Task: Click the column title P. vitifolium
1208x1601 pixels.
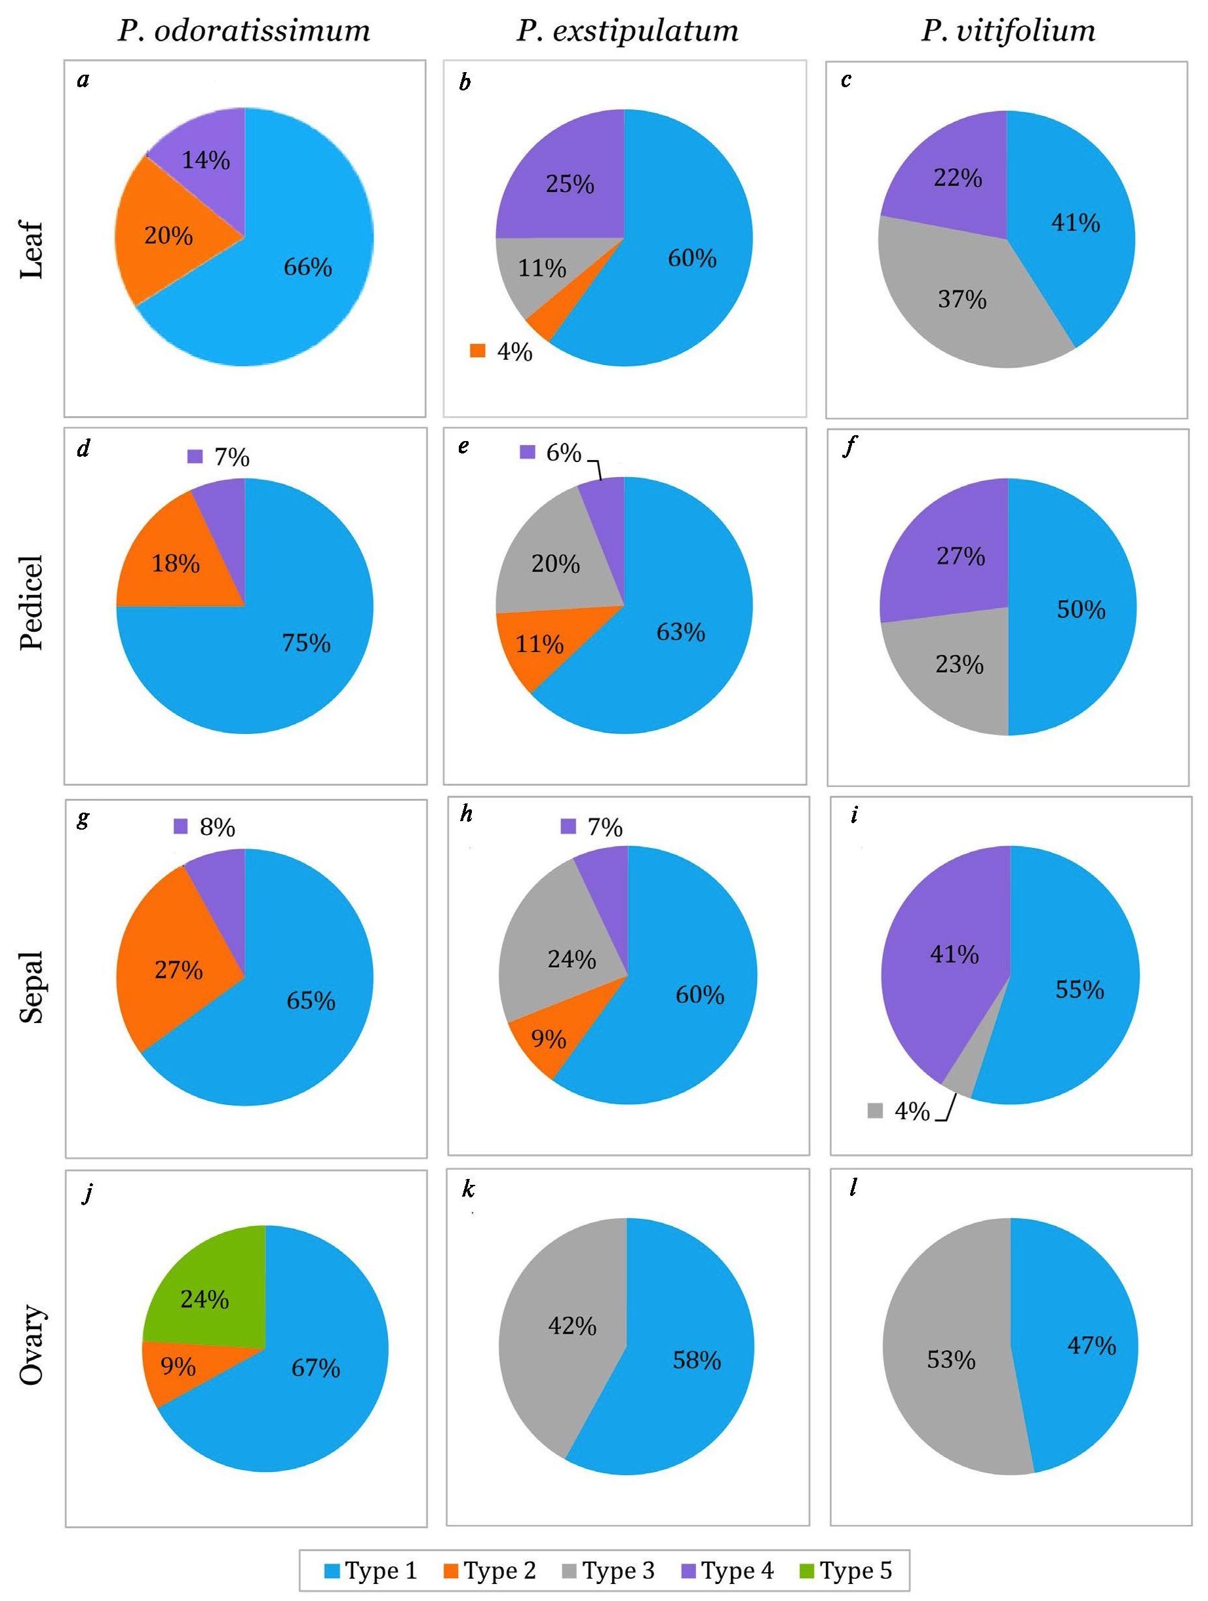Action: (x=1007, y=31)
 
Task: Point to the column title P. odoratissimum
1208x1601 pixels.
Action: (x=244, y=31)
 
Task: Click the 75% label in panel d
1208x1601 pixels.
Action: (x=306, y=643)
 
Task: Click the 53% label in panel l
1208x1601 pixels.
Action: (x=951, y=1360)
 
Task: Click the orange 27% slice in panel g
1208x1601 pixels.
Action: (x=179, y=970)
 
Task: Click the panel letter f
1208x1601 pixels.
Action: (x=849, y=448)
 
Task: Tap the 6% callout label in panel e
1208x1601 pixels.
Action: (x=563, y=453)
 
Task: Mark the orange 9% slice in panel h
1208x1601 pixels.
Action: (x=548, y=1040)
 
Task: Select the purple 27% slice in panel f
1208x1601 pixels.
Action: (x=948, y=557)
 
